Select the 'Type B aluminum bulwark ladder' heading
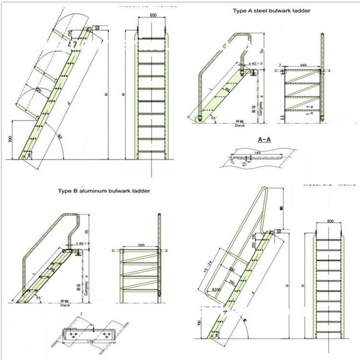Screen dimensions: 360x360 pyautogui.click(x=104, y=191)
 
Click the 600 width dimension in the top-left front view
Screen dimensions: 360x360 pyautogui.click(x=153, y=15)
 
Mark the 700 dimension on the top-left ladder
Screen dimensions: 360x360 pyautogui.click(x=10, y=140)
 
